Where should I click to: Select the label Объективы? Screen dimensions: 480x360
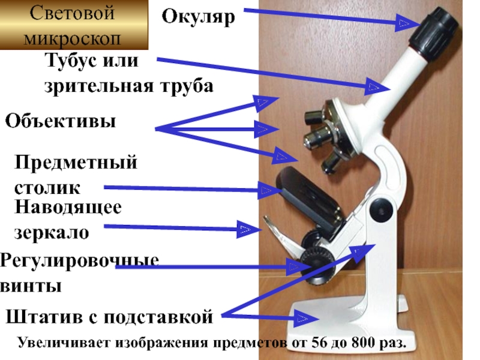coord(61,121)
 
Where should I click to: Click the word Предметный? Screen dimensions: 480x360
coord(76,162)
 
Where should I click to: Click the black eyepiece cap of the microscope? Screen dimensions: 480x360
coord(434,30)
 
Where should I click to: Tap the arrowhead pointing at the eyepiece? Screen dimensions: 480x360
coord(404,23)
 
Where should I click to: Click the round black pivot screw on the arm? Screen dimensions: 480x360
coord(379,210)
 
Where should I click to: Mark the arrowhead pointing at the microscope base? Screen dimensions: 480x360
coord(308,317)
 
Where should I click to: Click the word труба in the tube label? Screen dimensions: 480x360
coord(183,86)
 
